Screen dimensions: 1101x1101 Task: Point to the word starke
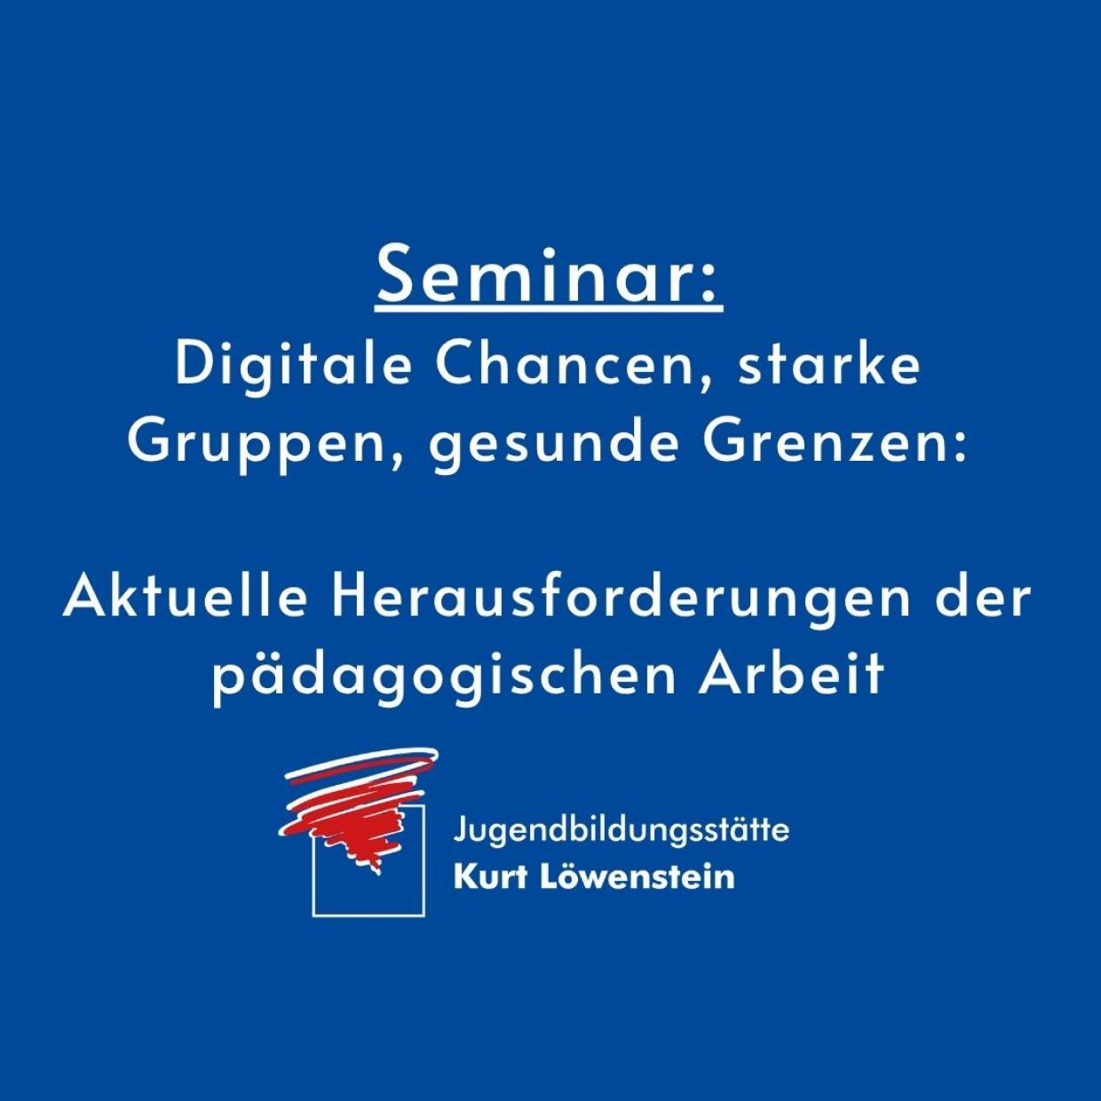coord(829,366)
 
